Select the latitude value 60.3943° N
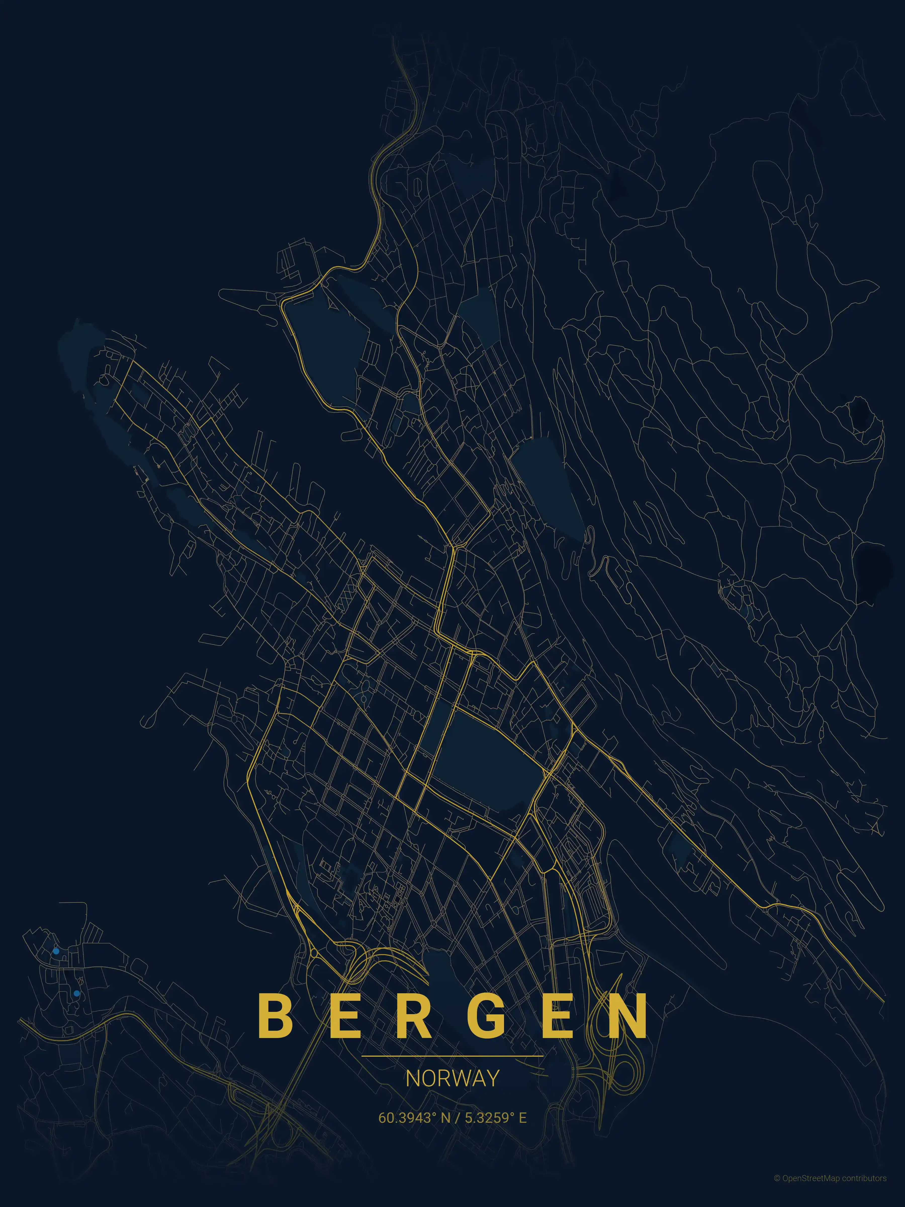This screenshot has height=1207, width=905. click(415, 1117)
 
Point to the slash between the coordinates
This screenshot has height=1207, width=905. click(457, 1117)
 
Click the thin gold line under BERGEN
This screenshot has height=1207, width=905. click(452, 1056)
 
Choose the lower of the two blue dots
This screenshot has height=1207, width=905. click(76, 994)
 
